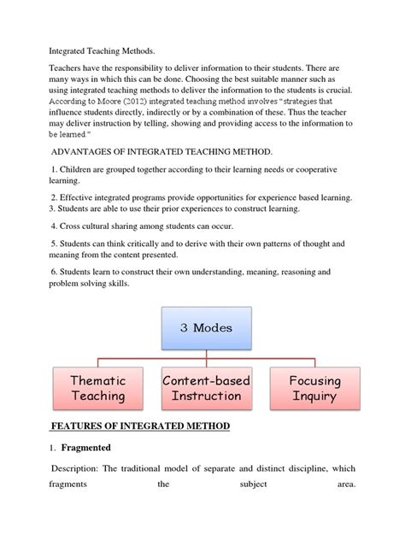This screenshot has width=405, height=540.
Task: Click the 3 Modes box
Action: pos(206,327)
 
